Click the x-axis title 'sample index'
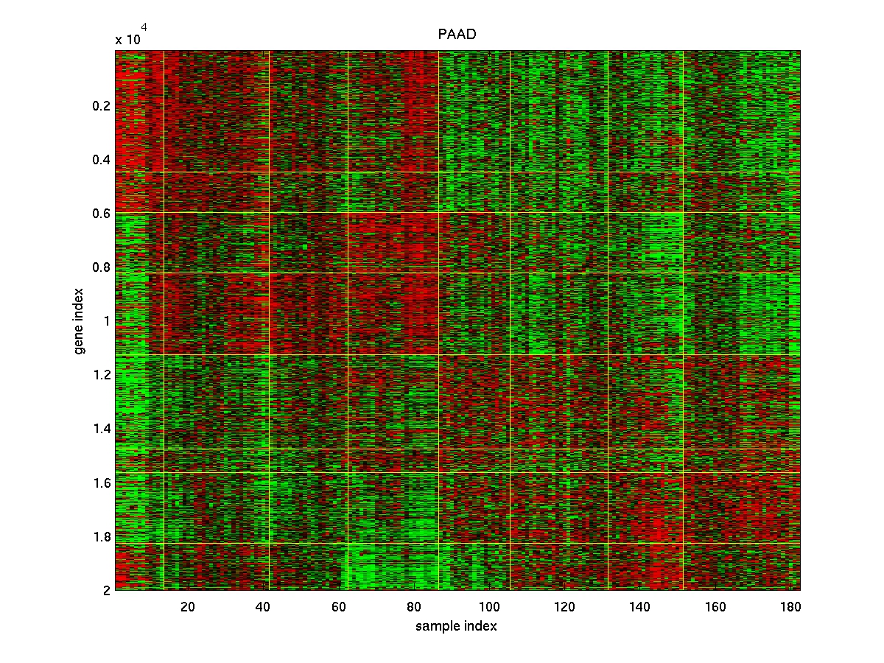pos(456,626)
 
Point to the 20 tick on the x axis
pos(187,606)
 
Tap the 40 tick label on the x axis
pos(263,606)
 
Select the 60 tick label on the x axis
pos(338,606)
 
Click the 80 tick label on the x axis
pos(413,606)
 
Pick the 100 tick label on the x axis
pos(488,606)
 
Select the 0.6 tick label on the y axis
pos(102,214)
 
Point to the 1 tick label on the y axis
pos(106,321)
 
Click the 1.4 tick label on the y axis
pos(102,429)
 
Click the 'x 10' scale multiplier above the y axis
pos(128,40)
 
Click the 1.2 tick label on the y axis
pos(102,375)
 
